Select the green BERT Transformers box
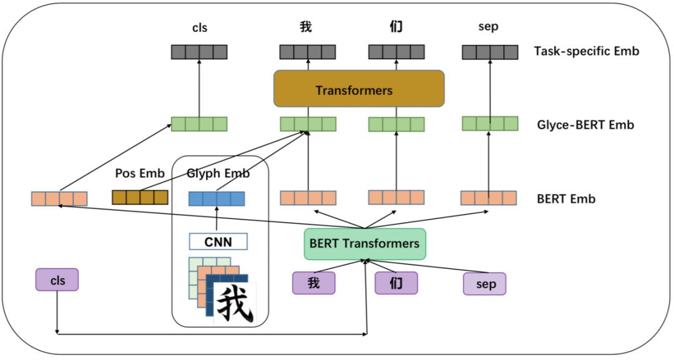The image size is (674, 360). [364, 243]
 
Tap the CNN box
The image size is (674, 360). [218, 241]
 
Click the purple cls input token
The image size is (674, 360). [57, 280]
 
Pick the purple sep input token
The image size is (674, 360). [484, 284]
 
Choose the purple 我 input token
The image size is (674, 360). [314, 283]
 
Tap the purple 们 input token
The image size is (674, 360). [396, 283]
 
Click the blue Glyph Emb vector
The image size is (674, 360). [217, 198]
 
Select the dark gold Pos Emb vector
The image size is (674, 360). [140, 198]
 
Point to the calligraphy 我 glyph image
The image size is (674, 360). [235, 303]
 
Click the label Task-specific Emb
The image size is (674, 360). [586, 51]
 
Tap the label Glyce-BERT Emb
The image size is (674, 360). [585, 125]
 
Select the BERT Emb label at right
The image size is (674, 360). [565, 199]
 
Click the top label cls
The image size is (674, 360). [199, 27]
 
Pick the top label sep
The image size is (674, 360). [488, 27]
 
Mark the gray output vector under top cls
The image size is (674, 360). [199, 52]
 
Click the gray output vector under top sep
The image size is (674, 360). [490, 52]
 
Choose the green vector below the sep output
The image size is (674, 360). [490, 124]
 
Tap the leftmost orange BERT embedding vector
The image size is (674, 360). [59, 198]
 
